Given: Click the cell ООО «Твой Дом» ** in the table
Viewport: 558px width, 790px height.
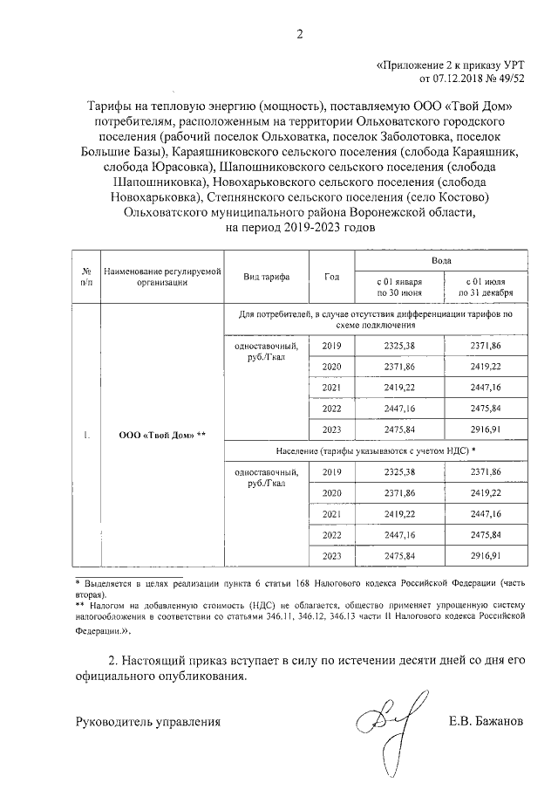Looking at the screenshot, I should pyautogui.click(x=162, y=435).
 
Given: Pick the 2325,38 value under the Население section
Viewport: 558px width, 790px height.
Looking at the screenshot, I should pyautogui.click(x=398, y=472).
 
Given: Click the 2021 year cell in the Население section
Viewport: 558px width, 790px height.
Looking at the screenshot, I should pyautogui.click(x=331, y=514).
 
